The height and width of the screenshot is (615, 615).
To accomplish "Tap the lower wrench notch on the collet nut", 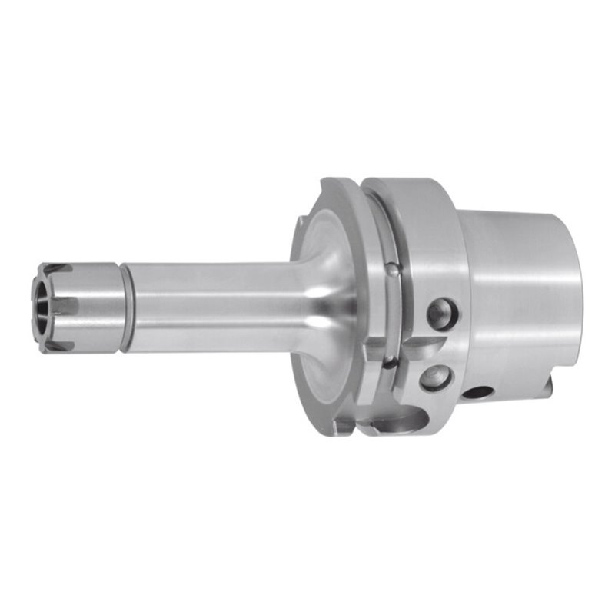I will point(58,346).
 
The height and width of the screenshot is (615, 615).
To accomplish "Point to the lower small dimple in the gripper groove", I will point(391,362).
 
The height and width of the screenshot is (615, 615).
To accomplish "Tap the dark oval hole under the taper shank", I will point(478,392).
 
